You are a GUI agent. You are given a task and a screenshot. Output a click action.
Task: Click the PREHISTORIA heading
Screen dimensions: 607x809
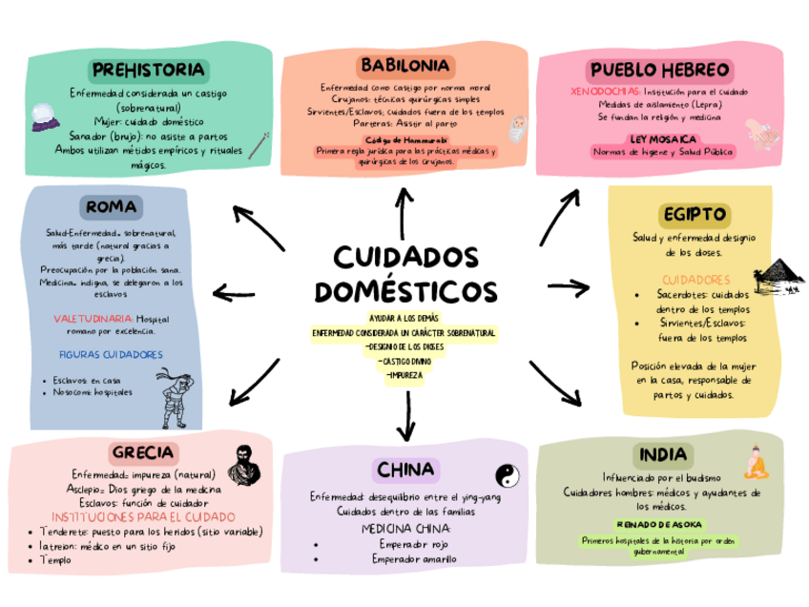tap(148, 70)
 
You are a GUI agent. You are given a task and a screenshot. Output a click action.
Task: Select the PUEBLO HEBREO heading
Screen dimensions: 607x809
tap(660, 71)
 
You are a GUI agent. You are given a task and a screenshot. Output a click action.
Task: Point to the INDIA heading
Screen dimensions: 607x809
tap(662, 453)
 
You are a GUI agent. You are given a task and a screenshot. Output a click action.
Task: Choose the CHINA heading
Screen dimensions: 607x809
tap(405, 470)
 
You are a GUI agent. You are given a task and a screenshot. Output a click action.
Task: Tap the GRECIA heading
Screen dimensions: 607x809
tap(142, 451)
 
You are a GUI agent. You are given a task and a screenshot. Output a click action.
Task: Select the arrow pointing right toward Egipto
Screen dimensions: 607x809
tap(570, 284)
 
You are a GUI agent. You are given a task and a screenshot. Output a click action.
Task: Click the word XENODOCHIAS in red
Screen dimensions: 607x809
tap(597, 92)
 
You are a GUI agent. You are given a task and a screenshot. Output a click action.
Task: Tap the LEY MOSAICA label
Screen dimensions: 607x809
tap(659, 138)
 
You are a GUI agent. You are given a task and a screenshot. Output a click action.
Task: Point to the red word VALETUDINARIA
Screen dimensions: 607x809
tap(93, 318)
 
